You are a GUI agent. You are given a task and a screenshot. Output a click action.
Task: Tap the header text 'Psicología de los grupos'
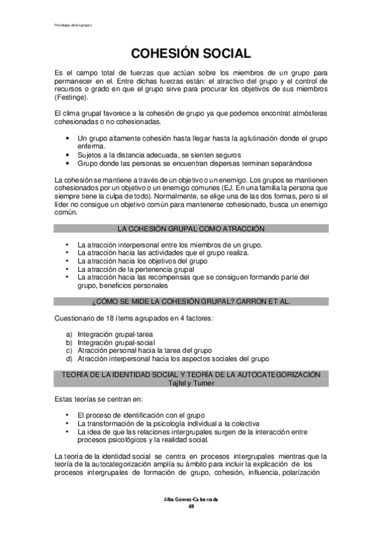pos(71,26)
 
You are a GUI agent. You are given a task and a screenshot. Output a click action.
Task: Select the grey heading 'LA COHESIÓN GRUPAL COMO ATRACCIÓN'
pos(191,228)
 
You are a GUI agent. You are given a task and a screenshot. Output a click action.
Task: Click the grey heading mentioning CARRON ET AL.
pos(191,301)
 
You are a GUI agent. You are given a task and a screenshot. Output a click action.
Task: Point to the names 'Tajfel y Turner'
pos(191,383)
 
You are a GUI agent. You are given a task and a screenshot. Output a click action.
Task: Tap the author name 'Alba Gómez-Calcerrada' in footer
pos(191,499)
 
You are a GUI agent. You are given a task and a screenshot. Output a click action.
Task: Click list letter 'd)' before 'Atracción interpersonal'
pos(69,359)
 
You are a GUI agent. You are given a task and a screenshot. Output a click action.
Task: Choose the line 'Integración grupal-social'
pos(112,342)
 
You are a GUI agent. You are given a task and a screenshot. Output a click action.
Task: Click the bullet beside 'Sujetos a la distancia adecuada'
pos(68,155)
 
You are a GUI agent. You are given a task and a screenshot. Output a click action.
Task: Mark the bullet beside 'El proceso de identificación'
pos(68,415)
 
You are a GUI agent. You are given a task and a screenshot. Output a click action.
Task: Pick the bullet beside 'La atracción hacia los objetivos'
pos(68,260)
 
